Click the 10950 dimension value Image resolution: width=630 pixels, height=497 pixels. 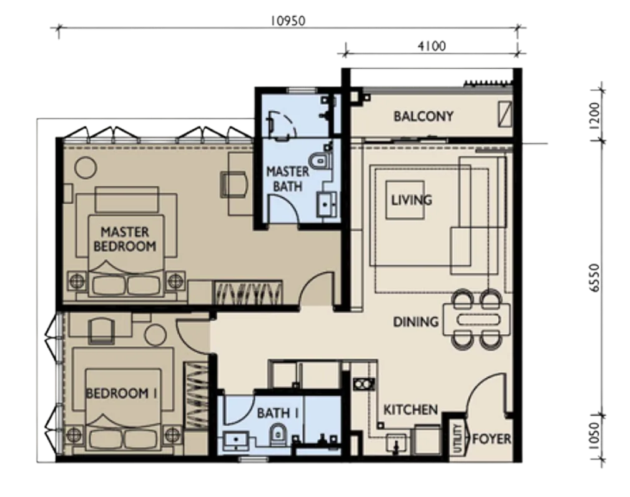(x=288, y=21)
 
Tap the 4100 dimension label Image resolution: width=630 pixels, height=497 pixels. (x=431, y=46)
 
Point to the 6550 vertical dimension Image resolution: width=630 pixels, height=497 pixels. (x=595, y=278)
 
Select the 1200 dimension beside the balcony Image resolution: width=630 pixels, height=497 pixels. (x=595, y=114)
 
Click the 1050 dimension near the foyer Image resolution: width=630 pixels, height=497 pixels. (x=595, y=436)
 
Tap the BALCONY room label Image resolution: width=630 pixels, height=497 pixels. (x=423, y=117)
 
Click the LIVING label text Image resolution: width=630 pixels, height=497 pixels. (x=412, y=200)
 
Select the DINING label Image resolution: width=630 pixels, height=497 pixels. (x=415, y=322)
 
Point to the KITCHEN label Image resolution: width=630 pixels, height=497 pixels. (x=410, y=409)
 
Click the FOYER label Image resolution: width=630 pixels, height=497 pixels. (x=491, y=439)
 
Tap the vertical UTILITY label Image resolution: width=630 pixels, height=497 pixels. (x=457, y=438)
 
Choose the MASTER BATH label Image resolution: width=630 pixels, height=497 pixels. (x=288, y=179)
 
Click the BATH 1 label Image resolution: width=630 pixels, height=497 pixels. (x=278, y=413)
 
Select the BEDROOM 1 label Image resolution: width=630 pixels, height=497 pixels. (x=121, y=393)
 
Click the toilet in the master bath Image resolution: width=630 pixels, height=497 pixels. (x=321, y=161)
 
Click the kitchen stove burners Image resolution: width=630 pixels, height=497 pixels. (x=364, y=384)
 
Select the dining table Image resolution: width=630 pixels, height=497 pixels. (x=477, y=320)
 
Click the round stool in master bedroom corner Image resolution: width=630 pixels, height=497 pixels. (x=86, y=168)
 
